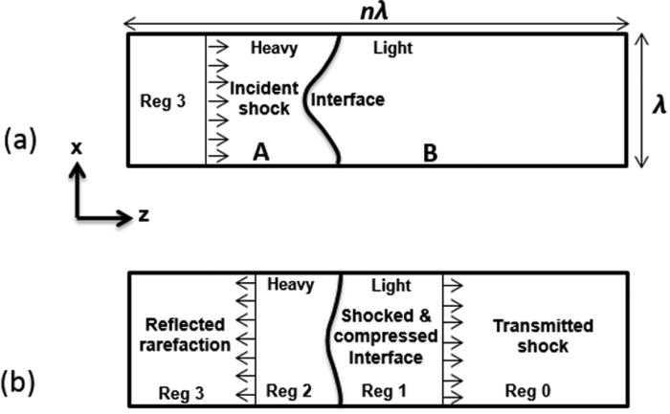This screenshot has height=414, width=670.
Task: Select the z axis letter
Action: [144, 215]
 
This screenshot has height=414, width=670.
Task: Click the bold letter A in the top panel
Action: [257, 151]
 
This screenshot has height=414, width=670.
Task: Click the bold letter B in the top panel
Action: [431, 152]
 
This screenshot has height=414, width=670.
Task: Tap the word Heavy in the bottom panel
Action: [292, 284]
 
